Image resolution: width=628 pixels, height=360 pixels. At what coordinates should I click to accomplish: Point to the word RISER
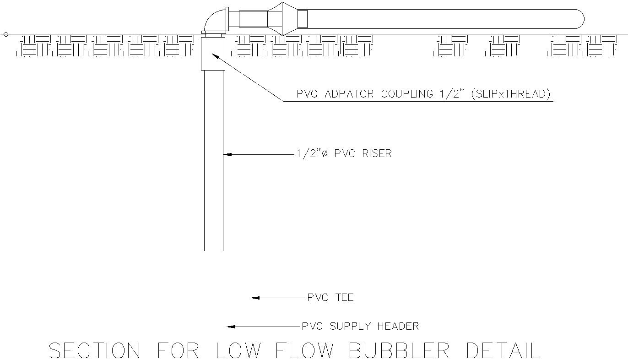pyautogui.click(x=377, y=153)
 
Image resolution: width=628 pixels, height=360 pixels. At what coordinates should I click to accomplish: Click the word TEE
pyautogui.click(x=343, y=298)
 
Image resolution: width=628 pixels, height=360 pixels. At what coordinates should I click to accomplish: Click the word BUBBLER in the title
pyautogui.click(x=399, y=351)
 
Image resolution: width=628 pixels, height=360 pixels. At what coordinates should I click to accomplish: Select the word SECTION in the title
pyautogui.click(x=94, y=351)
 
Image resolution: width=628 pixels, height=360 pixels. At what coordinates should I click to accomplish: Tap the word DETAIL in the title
pyautogui.click(x=503, y=351)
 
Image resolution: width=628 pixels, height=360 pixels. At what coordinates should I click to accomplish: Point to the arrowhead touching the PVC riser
pyautogui.click(x=227, y=154)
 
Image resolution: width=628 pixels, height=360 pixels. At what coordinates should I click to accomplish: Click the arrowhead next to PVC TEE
pyautogui.click(x=255, y=298)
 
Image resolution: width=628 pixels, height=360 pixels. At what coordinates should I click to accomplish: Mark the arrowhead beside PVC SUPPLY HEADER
pyautogui.click(x=231, y=327)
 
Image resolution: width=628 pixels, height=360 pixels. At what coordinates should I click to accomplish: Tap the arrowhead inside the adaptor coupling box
pyautogui.click(x=214, y=56)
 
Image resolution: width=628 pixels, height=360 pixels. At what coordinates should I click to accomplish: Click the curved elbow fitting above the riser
pyautogui.click(x=213, y=21)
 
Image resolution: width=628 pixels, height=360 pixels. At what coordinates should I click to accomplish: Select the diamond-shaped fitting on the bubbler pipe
pyautogui.click(x=282, y=19)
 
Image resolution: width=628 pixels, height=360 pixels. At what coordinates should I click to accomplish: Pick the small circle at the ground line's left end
pyautogui.click(x=6, y=34)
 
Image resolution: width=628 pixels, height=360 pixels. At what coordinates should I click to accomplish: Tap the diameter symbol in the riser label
pyautogui.click(x=325, y=153)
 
